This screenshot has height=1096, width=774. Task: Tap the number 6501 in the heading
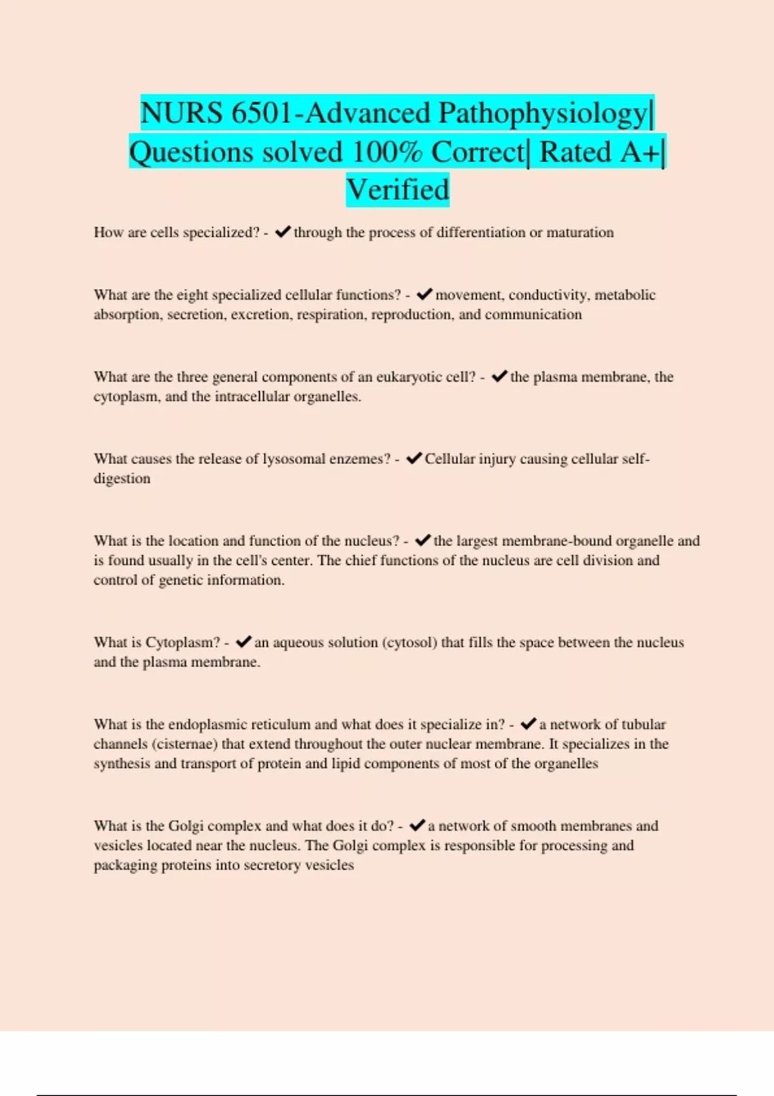261,113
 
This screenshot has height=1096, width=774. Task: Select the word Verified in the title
397,190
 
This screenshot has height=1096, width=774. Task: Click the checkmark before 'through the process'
283,232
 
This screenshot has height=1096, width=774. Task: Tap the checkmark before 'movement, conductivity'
424,295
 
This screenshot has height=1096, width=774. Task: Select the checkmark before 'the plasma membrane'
499,377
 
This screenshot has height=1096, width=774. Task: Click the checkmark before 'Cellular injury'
413,458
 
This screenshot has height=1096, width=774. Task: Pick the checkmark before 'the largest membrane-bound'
422,540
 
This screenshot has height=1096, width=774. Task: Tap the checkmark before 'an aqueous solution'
243,642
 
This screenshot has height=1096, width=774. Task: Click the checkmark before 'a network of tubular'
528,724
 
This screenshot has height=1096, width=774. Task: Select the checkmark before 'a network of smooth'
417,826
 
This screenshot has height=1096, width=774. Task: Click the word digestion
122,479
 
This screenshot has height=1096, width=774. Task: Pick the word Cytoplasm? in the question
183,643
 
